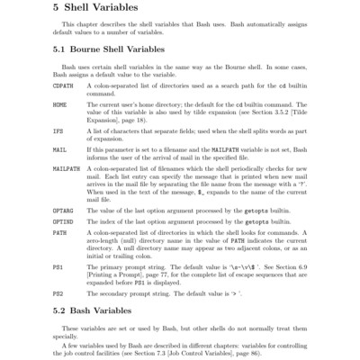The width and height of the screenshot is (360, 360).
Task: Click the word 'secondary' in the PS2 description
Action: pos(128,292)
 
